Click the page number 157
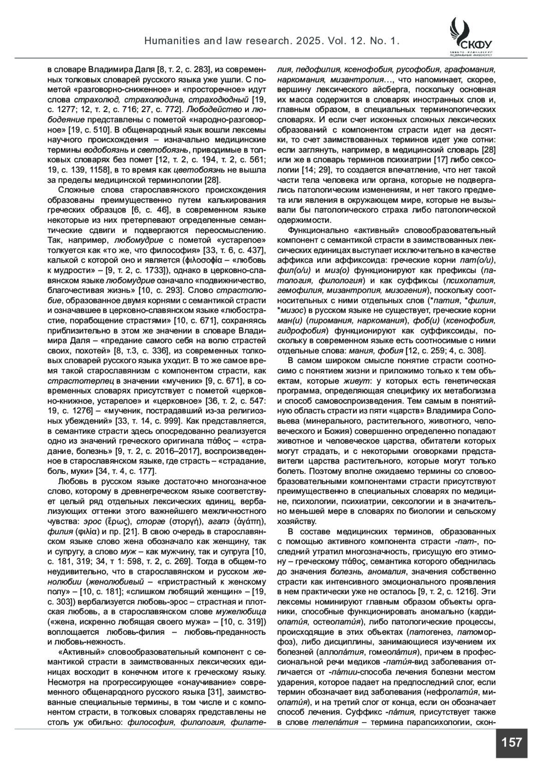[x=511, y=743]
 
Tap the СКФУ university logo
[x=470, y=36]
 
